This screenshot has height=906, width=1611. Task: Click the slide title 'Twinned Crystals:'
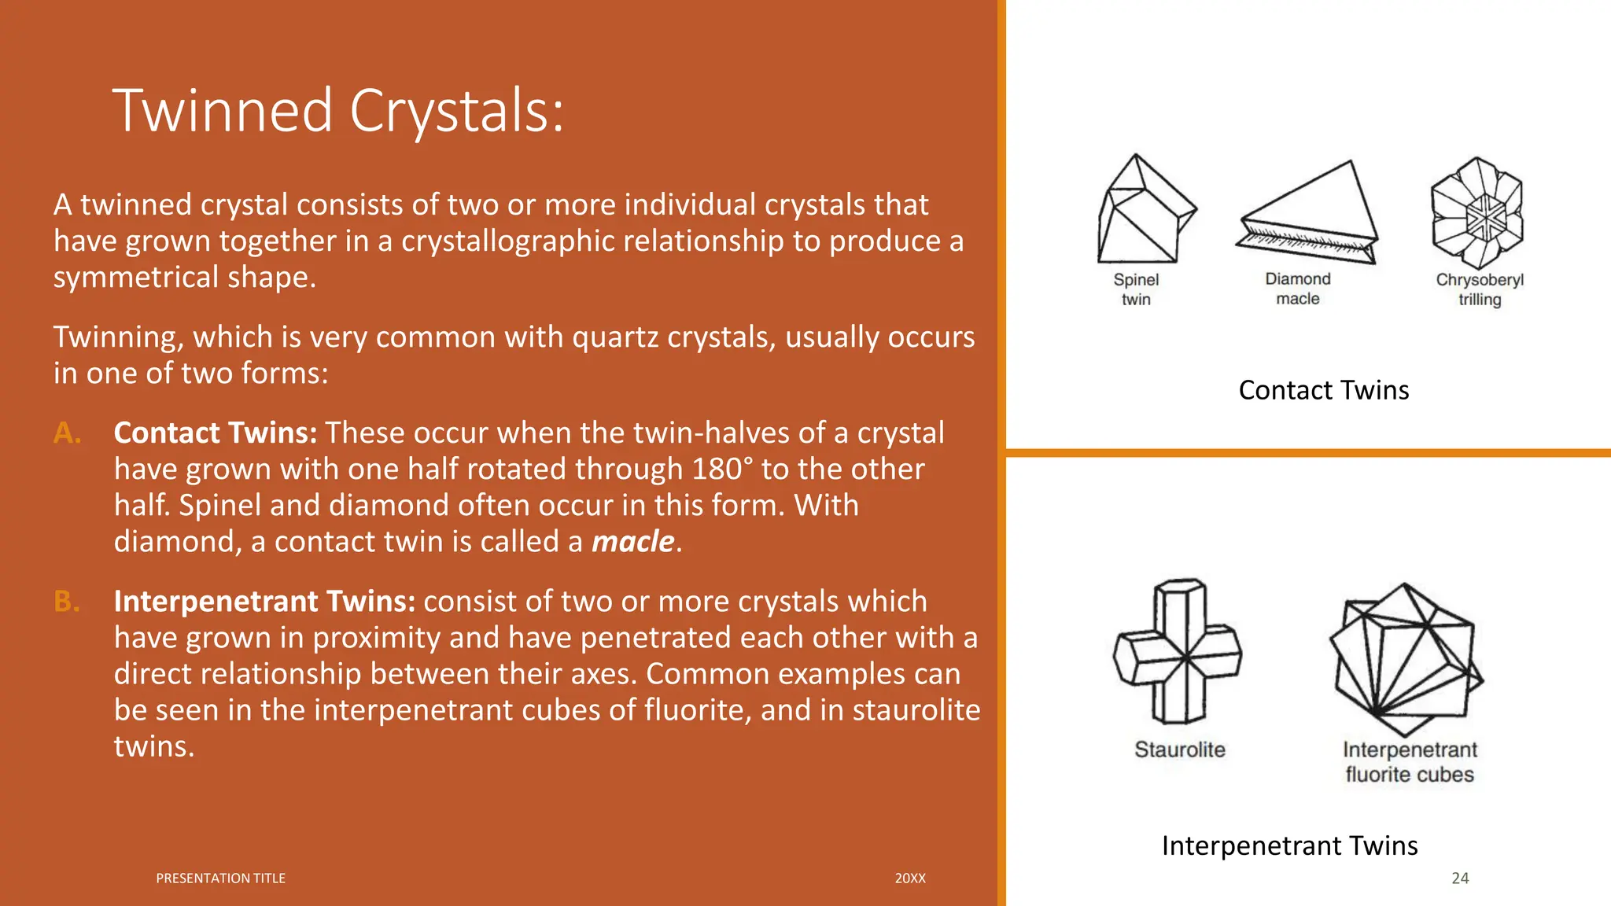coord(338,111)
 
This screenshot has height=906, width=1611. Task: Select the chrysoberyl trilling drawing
coord(1477,213)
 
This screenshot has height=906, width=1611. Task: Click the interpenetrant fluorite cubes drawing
coord(1404,659)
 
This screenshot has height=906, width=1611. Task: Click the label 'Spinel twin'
coord(1136,289)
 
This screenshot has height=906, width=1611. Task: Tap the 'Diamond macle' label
coord(1298,289)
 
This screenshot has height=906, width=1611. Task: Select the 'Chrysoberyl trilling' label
coord(1480,289)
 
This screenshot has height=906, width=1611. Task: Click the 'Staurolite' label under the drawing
coord(1179,749)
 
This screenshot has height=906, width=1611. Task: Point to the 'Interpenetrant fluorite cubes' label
coord(1410,762)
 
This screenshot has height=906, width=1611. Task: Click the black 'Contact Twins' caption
coord(1323,390)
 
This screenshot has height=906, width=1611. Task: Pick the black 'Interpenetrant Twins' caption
coord(1289,845)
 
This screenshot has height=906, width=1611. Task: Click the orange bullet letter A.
coord(68,433)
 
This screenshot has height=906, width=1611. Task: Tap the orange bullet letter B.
coord(67,601)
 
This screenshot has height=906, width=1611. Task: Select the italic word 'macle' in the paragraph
coord(633,542)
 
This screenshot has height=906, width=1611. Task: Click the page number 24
coord(1460,878)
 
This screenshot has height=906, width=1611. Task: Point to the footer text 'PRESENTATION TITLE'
coord(220,878)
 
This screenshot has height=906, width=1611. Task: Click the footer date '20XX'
coord(910,878)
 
